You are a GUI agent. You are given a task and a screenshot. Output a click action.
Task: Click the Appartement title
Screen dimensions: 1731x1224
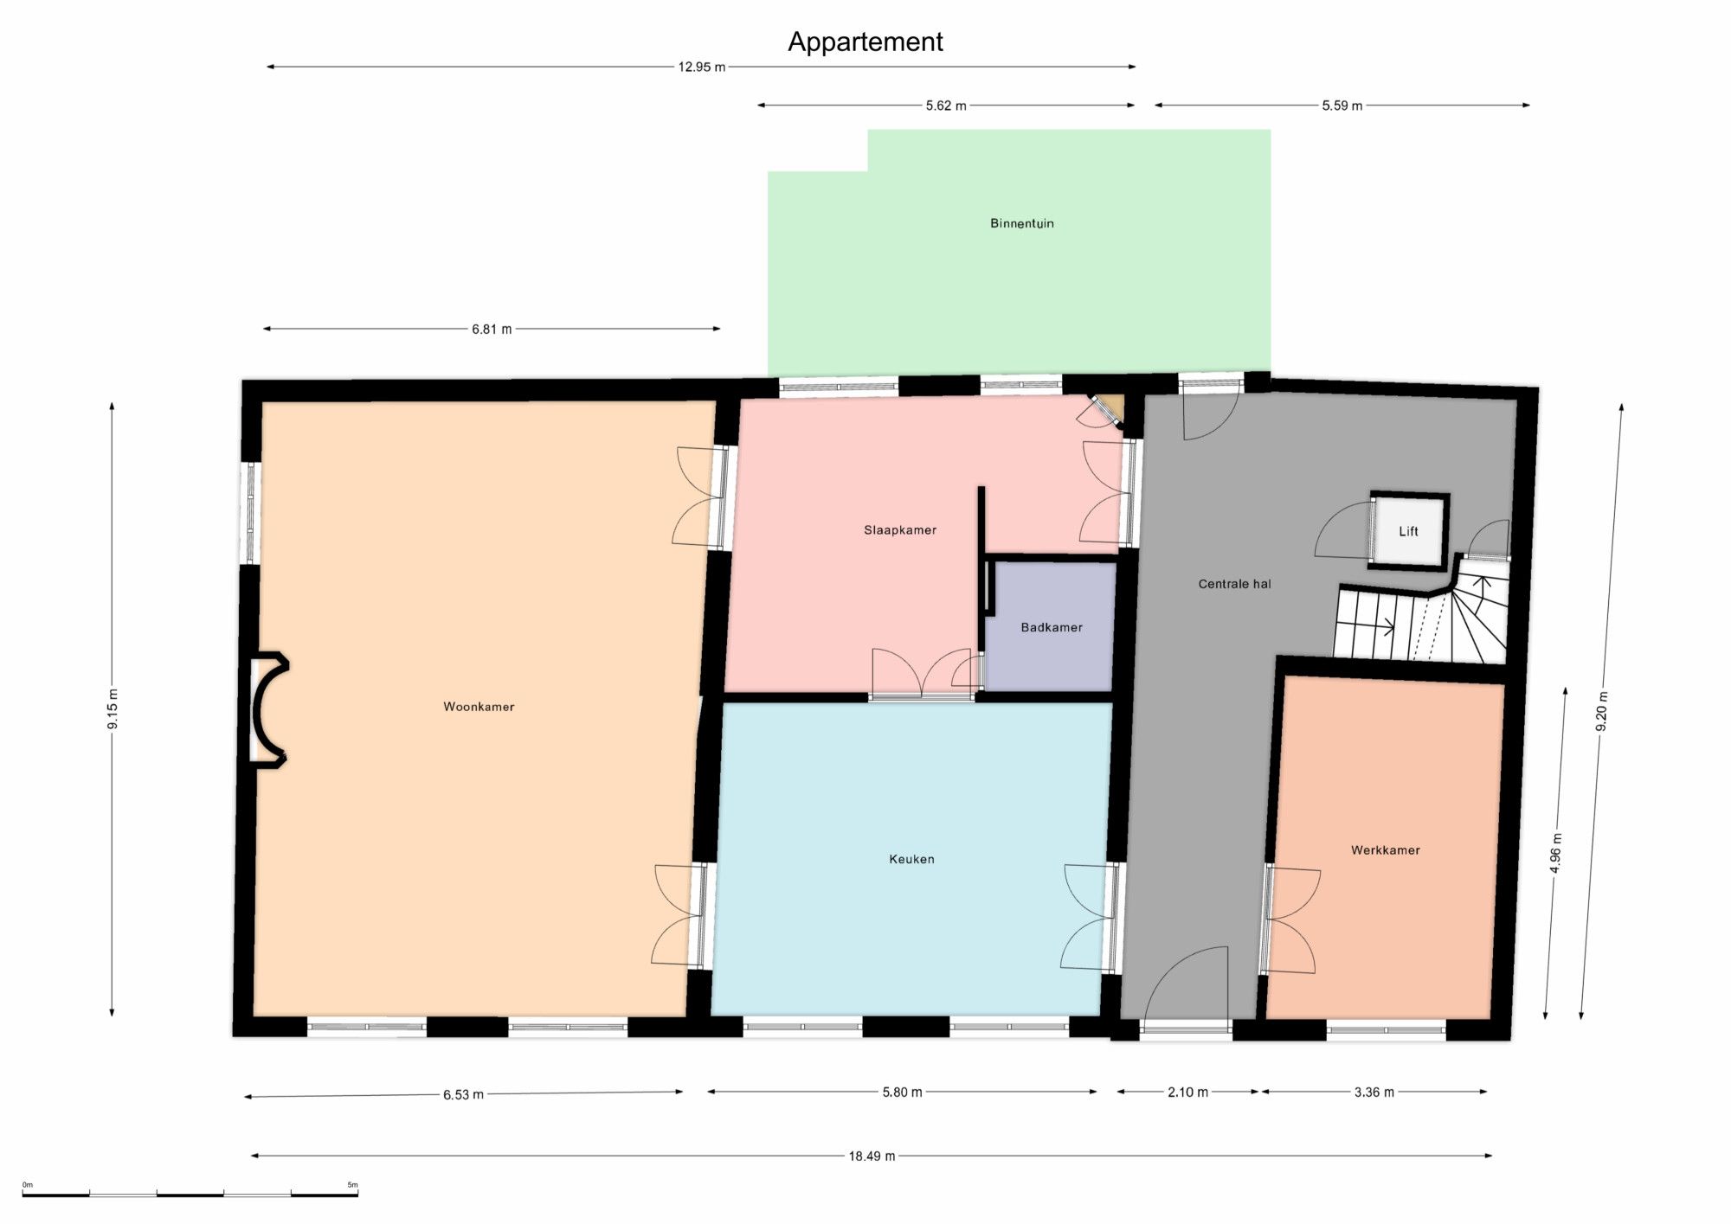(x=865, y=42)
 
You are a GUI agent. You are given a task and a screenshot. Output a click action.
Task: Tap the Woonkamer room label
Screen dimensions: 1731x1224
(x=479, y=707)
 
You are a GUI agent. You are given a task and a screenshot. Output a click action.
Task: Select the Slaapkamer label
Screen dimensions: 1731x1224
(x=900, y=530)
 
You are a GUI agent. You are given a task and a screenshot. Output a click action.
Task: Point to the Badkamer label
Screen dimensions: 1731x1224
(x=1052, y=627)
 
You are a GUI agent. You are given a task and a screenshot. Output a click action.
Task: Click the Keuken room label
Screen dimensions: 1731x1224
(x=911, y=859)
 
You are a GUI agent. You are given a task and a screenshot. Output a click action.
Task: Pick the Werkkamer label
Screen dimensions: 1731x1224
(x=1386, y=850)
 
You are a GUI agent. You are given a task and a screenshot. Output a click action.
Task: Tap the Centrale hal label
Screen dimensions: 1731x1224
(x=1234, y=584)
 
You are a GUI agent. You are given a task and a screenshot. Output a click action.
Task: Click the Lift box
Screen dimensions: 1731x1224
(x=1409, y=531)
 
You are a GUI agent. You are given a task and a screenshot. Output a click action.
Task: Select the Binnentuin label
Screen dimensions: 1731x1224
(x=1022, y=223)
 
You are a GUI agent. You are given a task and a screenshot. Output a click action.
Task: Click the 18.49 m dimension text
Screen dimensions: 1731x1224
(x=872, y=1156)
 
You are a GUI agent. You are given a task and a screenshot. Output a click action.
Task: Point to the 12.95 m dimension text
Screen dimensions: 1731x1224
(x=702, y=67)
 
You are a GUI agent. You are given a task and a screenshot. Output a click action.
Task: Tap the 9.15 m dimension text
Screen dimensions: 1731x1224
(x=113, y=709)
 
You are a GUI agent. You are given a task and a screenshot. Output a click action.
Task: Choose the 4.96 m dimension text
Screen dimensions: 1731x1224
(x=1555, y=853)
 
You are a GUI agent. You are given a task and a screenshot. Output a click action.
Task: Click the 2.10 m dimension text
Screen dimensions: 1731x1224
(x=1187, y=1093)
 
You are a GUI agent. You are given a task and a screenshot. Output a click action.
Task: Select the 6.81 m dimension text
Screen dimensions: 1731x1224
(x=492, y=330)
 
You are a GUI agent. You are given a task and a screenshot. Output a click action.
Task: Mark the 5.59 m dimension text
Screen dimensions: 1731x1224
(x=1342, y=106)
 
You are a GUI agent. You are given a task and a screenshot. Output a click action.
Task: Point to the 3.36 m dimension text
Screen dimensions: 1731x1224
(x=1374, y=1093)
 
